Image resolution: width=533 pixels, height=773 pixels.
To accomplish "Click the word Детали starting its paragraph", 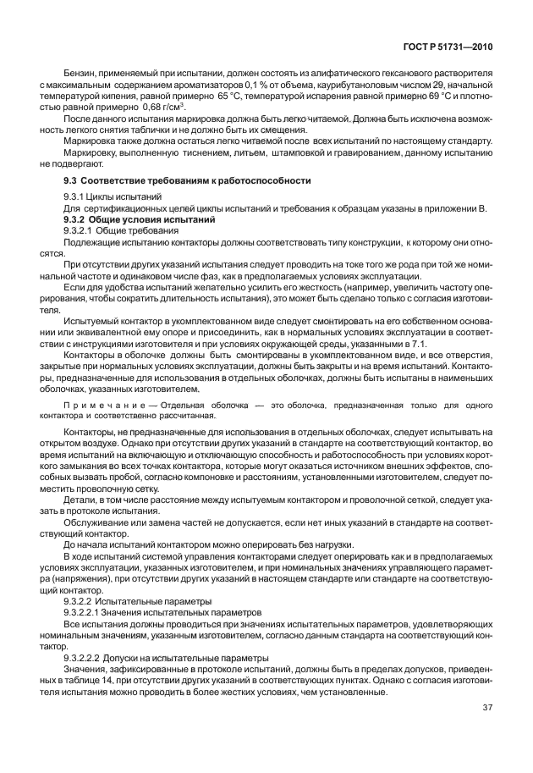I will click(80, 500).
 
